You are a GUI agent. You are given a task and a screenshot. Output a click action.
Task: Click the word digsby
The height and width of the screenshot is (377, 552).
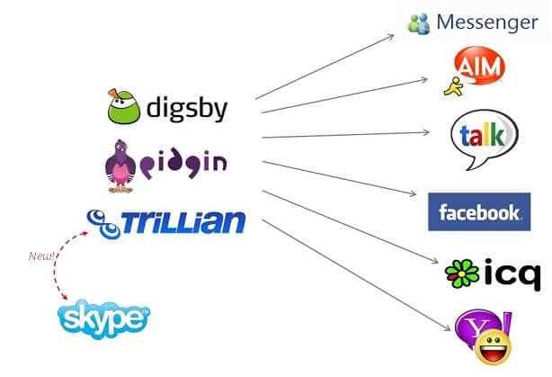pyautogui.click(x=185, y=111)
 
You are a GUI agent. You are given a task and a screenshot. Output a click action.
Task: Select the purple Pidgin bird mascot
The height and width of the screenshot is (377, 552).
pyautogui.click(x=125, y=165)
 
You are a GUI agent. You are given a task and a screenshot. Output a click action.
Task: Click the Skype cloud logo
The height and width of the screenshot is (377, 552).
pyautogui.click(x=103, y=318)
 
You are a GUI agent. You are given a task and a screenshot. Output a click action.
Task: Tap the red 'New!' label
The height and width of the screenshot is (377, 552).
pyautogui.click(x=42, y=258)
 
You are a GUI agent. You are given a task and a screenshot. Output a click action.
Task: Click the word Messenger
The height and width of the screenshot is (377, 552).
pyautogui.click(x=486, y=22)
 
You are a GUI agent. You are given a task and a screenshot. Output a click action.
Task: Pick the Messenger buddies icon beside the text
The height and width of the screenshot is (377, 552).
pyautogui.click(x=419, y=23)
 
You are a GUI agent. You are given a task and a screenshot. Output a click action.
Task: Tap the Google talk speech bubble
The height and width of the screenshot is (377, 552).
pyautogui.click(x=484, y=137)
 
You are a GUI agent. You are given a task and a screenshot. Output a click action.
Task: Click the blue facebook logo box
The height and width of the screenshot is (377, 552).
pyautogui.click(x=478, y=212)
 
